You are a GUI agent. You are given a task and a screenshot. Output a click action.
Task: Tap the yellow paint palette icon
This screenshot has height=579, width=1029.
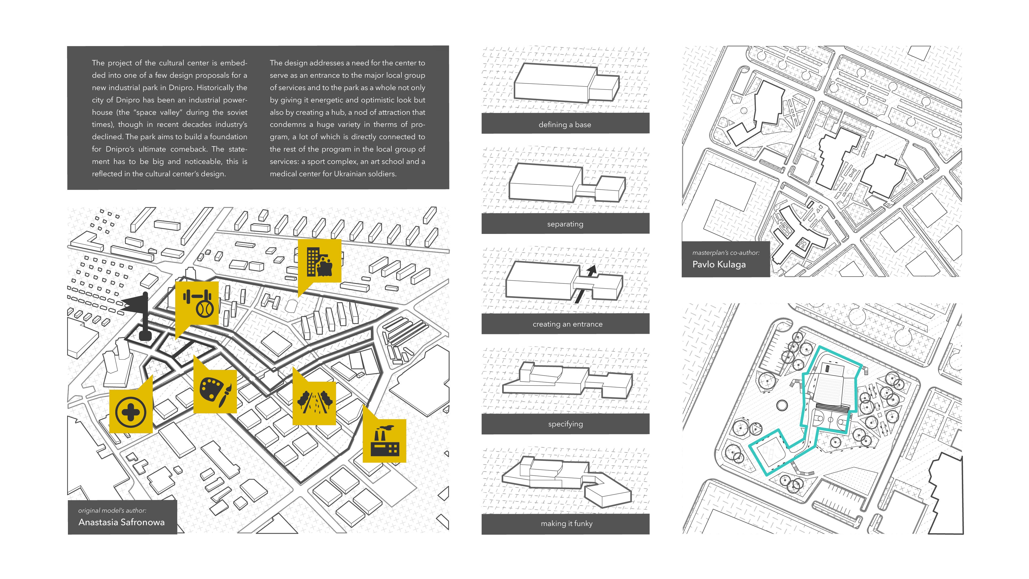click(215, 391)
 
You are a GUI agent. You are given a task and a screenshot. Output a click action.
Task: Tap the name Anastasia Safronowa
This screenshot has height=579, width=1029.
click(121, 522)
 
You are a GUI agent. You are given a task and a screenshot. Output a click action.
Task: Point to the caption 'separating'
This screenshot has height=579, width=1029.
click(565, 224)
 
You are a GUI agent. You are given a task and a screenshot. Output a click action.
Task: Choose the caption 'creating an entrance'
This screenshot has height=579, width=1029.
click(567, 324)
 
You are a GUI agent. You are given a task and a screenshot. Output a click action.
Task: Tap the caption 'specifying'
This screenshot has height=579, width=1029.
click(565, 424)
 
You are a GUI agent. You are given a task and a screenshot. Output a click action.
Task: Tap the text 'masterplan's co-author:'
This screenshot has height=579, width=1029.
click(725, 252)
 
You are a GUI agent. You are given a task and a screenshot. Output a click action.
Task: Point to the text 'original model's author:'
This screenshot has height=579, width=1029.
click(112, 510)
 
